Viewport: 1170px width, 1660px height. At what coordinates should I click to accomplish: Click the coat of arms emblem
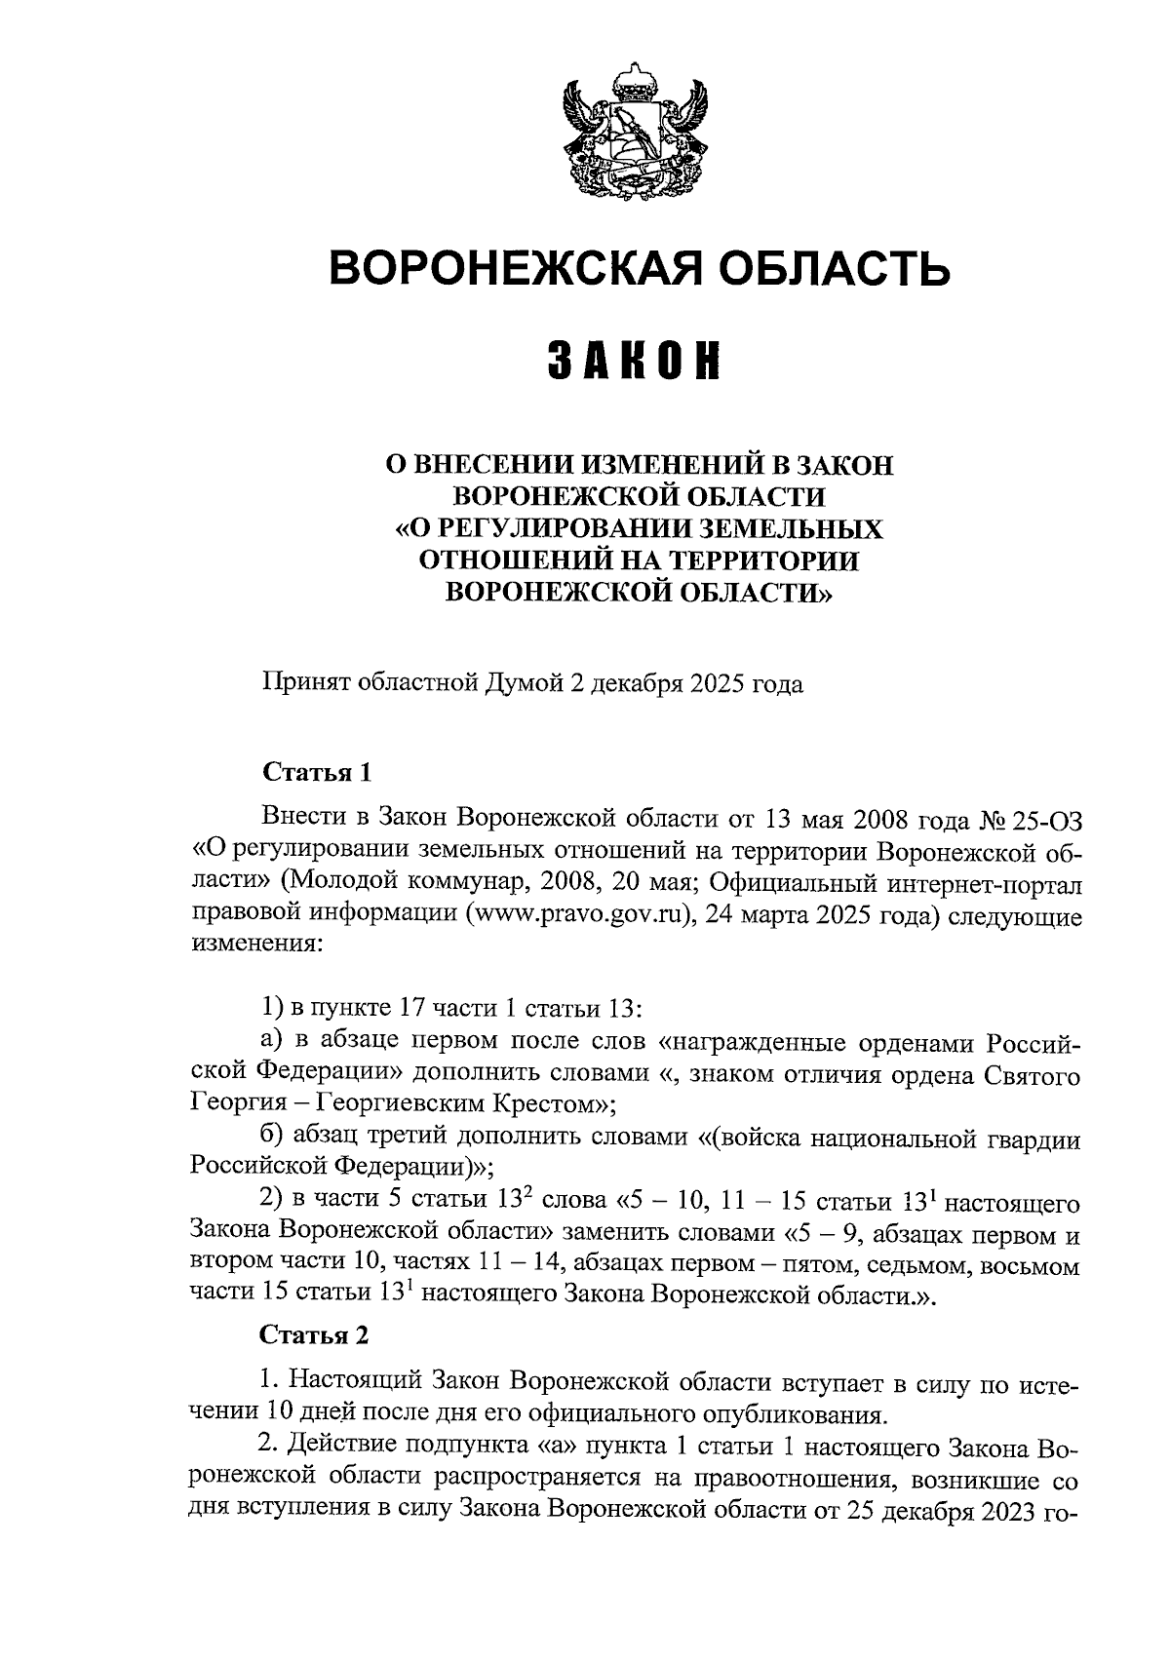[637, 132]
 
